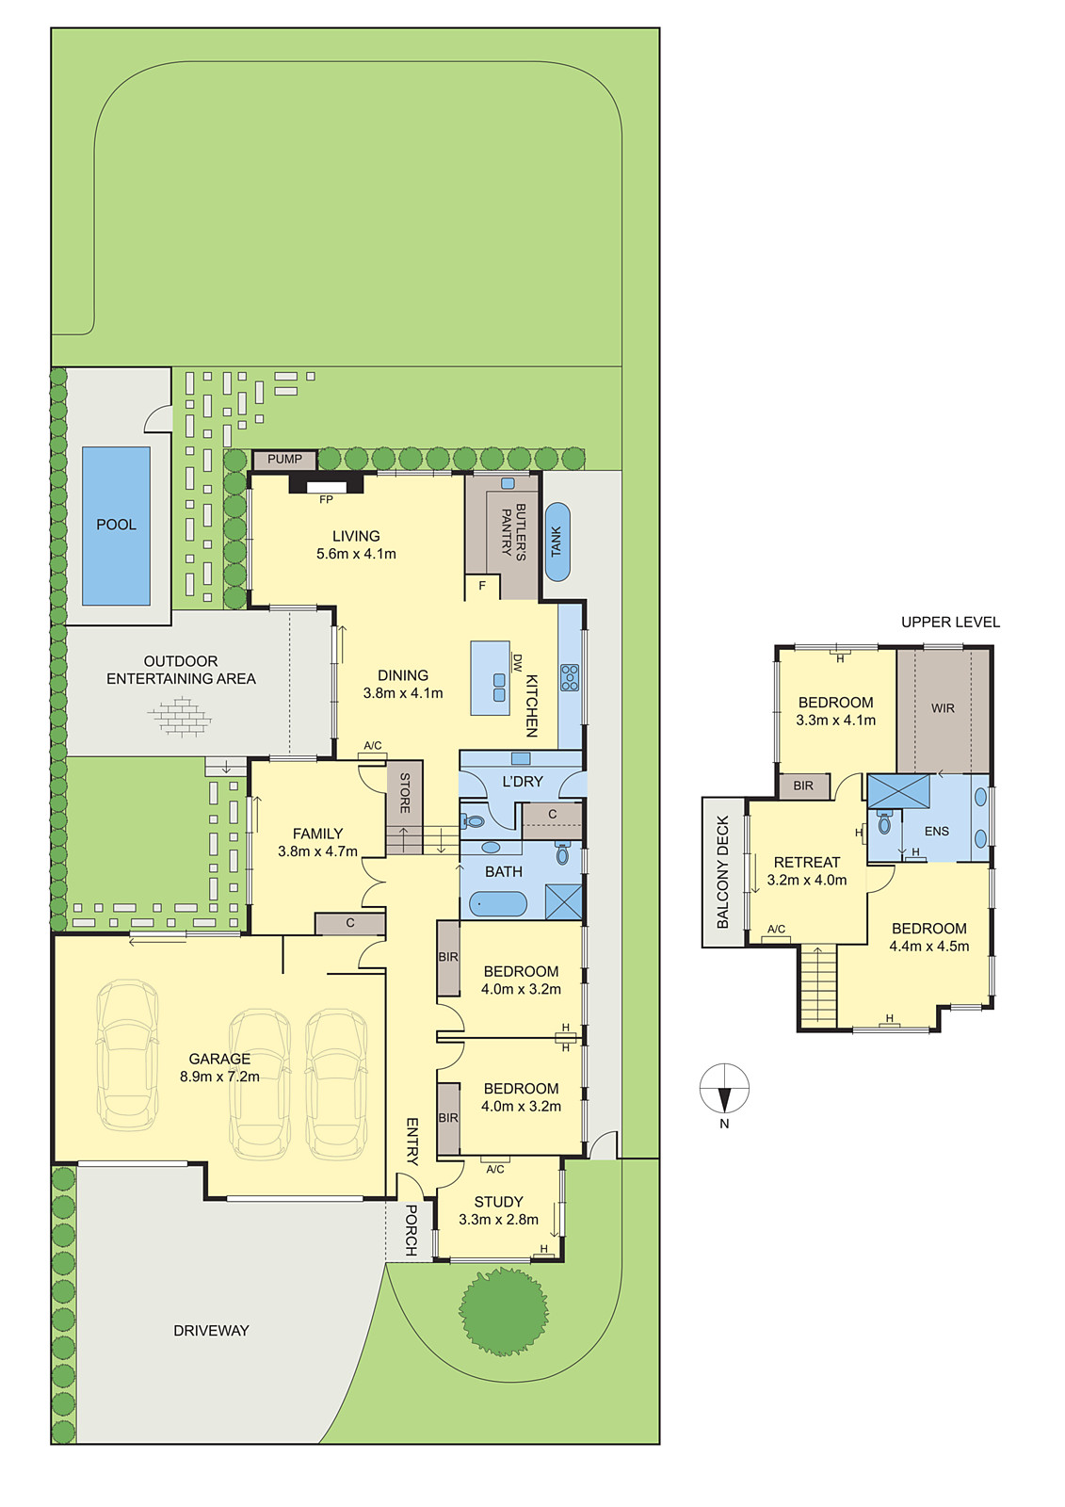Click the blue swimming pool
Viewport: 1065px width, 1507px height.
pos(116,526)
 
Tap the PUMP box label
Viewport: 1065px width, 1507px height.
pos(284,459)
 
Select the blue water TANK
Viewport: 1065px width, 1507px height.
pos(557,542)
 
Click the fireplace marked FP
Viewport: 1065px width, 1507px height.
pos(327,484)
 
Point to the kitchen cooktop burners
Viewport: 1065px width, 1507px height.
pos(569,677)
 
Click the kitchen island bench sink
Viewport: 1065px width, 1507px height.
pos(498,687)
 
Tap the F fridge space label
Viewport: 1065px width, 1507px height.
pos(482,586)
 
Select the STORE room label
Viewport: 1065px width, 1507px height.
pos(405,792)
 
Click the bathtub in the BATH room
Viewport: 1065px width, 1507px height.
pos(498,904)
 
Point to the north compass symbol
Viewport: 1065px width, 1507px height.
pos(724,1088)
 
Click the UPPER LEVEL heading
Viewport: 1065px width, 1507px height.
pos(950,623)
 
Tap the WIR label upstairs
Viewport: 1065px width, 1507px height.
pos(943,707)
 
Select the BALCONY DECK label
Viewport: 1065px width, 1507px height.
pos(723,872)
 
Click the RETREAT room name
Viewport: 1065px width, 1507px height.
pos(807,862)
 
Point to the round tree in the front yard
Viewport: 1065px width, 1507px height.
pos(503,1310)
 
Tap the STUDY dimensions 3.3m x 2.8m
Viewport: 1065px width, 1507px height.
pos(498,1219)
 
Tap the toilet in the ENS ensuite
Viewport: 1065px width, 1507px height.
pos(884,823)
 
